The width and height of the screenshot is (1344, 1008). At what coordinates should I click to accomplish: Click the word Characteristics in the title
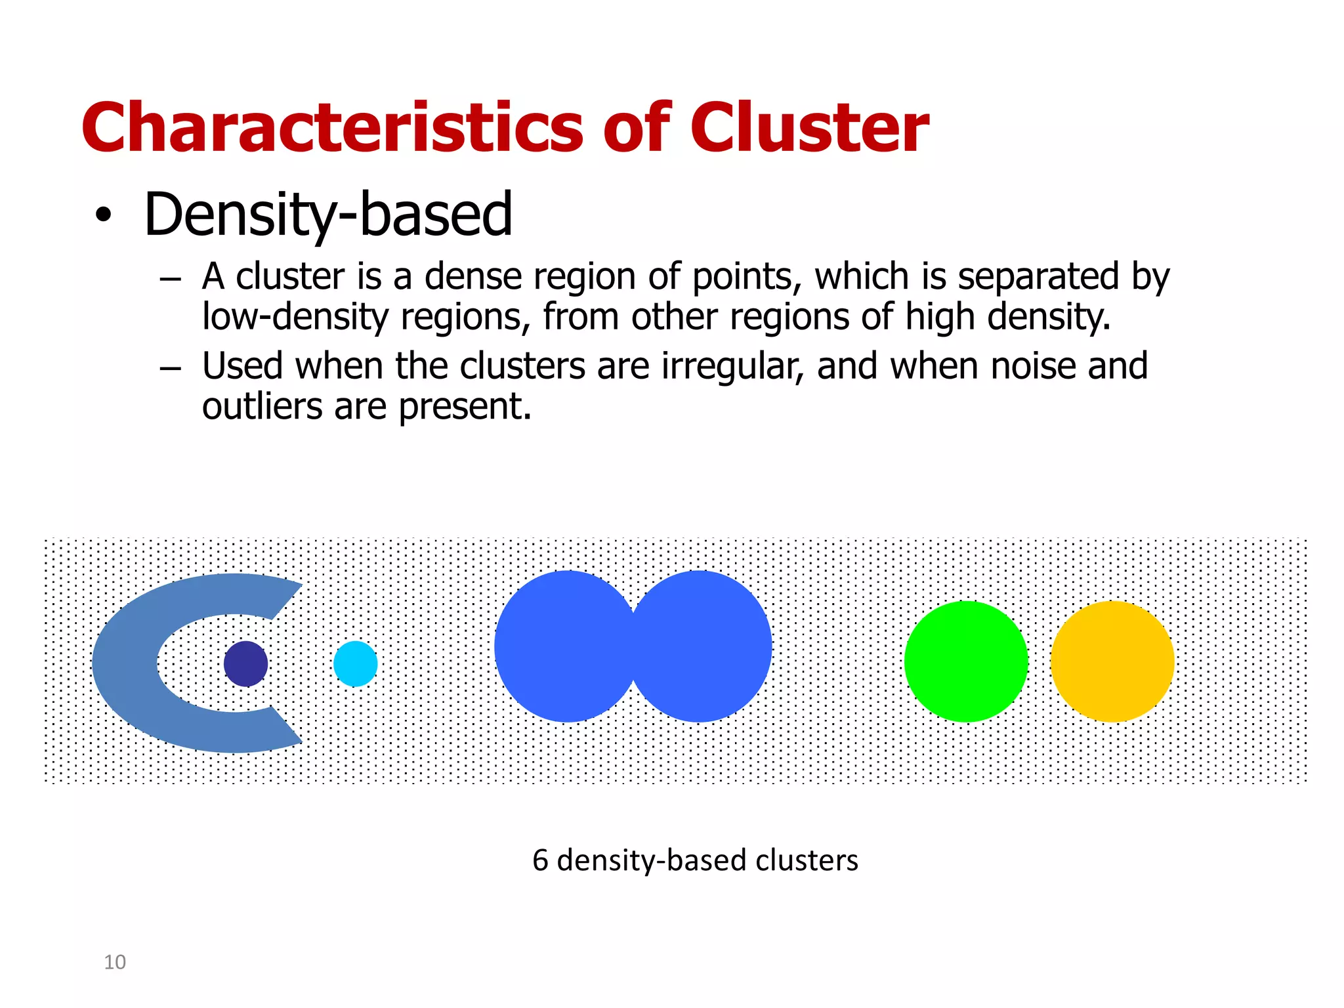click(x=331, y=128)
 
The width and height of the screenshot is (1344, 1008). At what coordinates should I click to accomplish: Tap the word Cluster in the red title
click(x=809, y=128)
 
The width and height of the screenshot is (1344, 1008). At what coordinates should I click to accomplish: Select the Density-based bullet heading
click(x=327, y=215)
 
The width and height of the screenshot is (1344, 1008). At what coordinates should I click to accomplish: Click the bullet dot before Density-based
click(x=103, y=216)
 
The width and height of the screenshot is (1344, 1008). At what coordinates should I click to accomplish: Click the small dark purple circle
click(x=245, y=663)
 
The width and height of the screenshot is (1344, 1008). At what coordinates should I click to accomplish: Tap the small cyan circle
click(x=355, y=663)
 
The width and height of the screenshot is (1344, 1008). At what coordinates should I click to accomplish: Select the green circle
click(x=965, y=661)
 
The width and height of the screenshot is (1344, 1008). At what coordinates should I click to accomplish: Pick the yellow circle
click(x=1112, y=661)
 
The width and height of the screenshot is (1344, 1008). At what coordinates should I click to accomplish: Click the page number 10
click(x=115, y=962)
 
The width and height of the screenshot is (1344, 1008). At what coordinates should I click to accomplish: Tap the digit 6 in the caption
click(x=539, y=860)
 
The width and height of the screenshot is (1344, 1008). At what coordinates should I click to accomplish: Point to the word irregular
click(x=732, y=366)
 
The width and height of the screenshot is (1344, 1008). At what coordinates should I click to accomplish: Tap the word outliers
click(x=262, y=407)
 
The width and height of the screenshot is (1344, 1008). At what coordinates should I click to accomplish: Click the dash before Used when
click(x=170, y=369)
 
